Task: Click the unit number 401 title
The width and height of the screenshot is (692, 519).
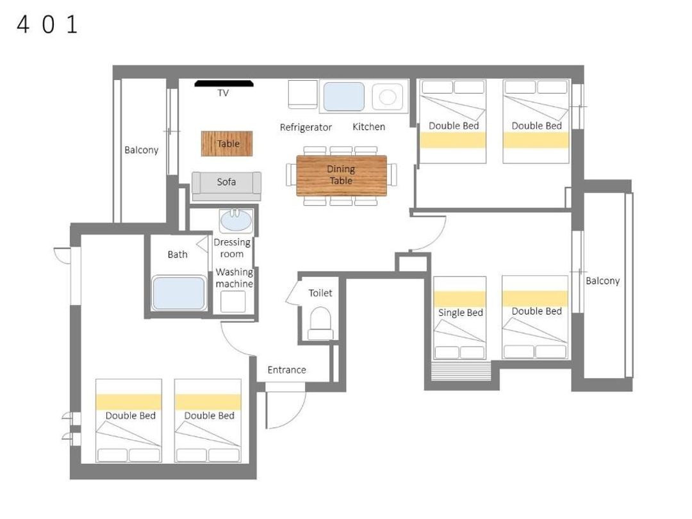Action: click(x=47, y=24)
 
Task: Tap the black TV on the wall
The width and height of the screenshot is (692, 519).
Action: click(x=224, y=83)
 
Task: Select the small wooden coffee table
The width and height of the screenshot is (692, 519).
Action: click(x=227, y=144)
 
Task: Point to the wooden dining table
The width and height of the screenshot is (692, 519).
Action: click(x=342, y=175)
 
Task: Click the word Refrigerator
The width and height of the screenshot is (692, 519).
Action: click(x=306, y=128)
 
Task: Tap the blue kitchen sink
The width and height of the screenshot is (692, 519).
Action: click(x=344, y=97)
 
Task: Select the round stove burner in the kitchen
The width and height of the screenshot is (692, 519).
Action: click(x=388, y=97)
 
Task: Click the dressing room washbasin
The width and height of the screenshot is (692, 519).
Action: click(x=236, y=220)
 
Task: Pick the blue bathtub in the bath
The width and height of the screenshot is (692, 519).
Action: click(x=179, y=293)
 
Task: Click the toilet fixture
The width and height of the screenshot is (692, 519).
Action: click(x=320, y=324)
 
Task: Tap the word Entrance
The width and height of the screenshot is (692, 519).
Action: click(x=287, y=370)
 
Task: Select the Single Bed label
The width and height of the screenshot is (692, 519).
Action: click(x=461, y=313)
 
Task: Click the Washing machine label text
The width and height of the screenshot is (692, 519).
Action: click(x=235, y=278)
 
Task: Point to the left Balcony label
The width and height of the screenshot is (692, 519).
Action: click(x=141, y=150)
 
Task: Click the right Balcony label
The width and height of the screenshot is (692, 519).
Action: click(x=602, y=281)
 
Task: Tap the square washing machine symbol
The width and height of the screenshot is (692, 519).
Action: click(x=233, y=301)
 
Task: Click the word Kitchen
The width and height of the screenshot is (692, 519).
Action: click(x=369, y=127)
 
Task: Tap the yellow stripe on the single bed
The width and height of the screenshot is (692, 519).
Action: click(x=460, y=299)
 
